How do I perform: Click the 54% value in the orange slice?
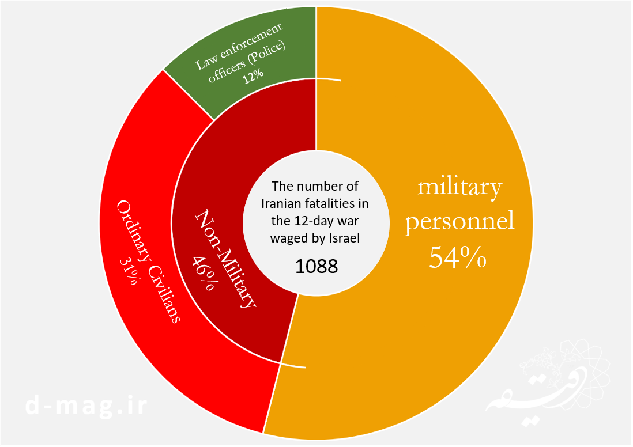[x=457, y=258]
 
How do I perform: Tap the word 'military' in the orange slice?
[x=459, y=187]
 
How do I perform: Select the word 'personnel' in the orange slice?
[x=459, y=222]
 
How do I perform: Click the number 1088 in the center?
[x=316, y=266]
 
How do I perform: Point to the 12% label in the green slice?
[x=253, y=75]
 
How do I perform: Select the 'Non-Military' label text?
[x=225, y=259]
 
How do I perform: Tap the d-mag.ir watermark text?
[x=87, y=406]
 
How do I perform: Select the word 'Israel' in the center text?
[x=344, y=238]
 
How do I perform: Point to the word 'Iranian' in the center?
[x=281, y=204]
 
